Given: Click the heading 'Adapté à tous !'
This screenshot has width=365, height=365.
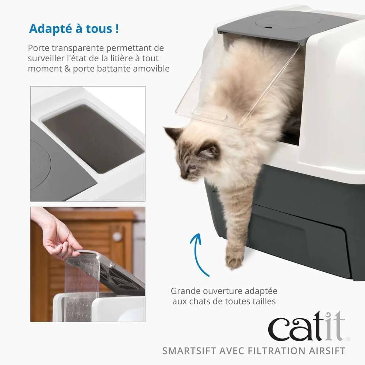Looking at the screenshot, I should point(74,28).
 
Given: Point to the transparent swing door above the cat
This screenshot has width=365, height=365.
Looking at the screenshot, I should point(234,84).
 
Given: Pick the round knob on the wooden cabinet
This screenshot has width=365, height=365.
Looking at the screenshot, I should point(117,236).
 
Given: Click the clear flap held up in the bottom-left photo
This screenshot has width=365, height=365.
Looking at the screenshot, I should point(82,285).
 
